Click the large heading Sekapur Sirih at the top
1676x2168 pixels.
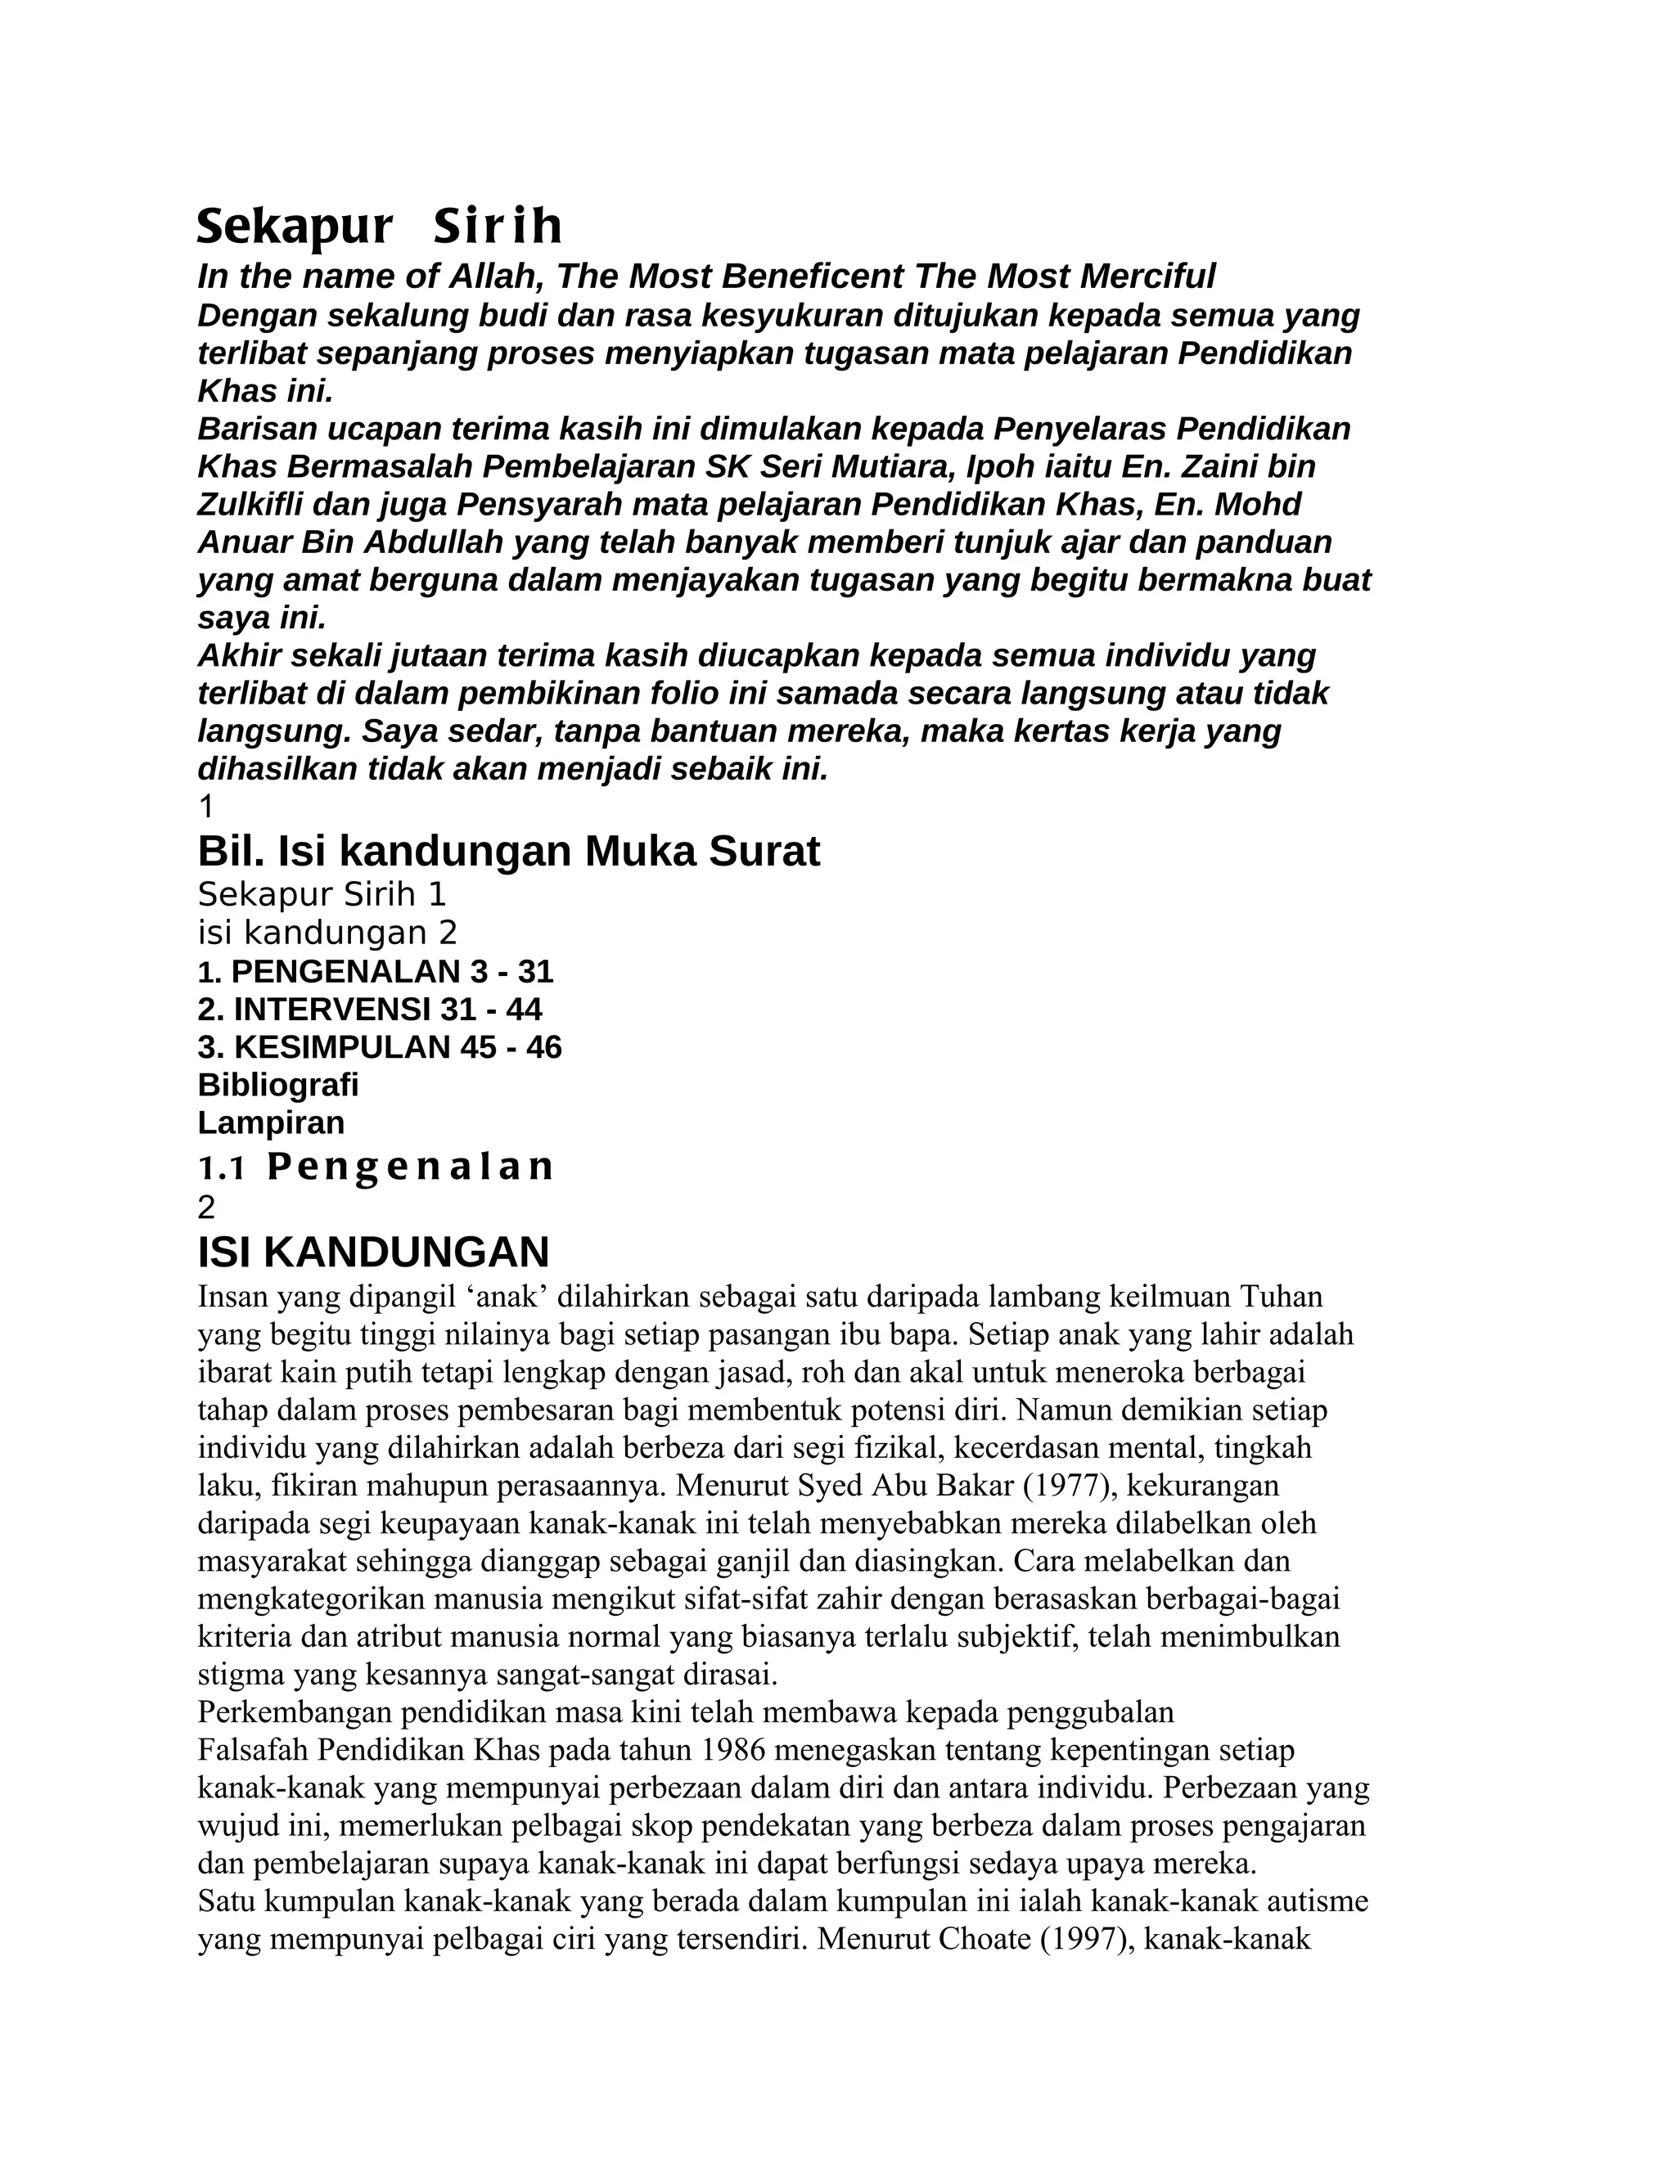tap(379, 227)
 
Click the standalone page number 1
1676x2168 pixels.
tap(206, 806)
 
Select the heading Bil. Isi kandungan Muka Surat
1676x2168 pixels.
tap(508, 852)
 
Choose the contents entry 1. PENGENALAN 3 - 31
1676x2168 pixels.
tap(376, 971)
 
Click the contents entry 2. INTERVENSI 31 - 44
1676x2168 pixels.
tap(369, 1010)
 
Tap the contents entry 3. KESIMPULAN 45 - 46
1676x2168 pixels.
tap(379, 1047)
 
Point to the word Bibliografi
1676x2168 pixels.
tap(278, 1085)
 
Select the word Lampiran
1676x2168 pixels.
tap(271, 1122)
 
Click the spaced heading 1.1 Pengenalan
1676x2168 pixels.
tap(376, 1167)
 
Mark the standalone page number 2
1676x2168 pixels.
tap(206, 1207)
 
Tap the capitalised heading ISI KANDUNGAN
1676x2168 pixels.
tap(373, 1253)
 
